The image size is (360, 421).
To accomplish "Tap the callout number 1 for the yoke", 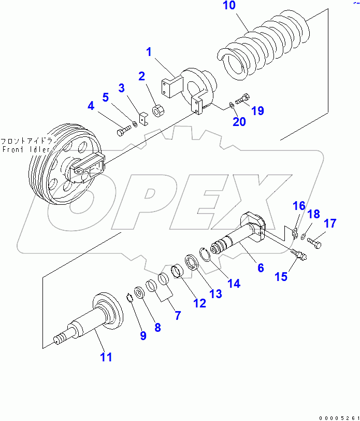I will click(x=149, y=52).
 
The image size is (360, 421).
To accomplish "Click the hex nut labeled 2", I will click(x=159, y=111).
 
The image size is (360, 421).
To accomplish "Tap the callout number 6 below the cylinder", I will click(x=261, y=268).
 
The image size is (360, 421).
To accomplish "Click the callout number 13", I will click(x=215, y=294).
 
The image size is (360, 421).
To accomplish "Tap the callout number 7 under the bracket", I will click(x=178, y=314).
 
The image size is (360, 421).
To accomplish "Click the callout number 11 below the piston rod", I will click(x=106, y=357).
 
